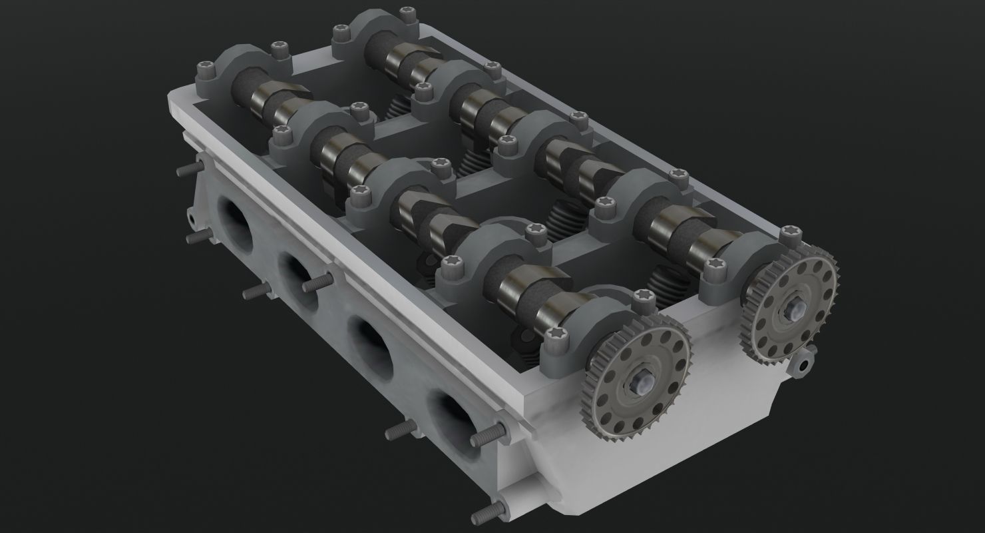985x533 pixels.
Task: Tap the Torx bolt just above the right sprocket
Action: (789, 233)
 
